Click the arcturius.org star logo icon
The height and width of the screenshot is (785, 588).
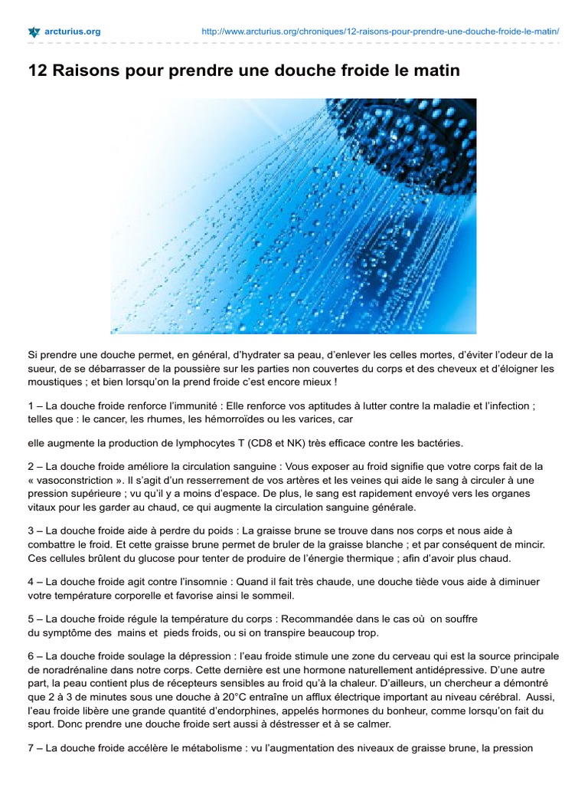[34, 32]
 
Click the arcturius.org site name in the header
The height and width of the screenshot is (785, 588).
[73, 32]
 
